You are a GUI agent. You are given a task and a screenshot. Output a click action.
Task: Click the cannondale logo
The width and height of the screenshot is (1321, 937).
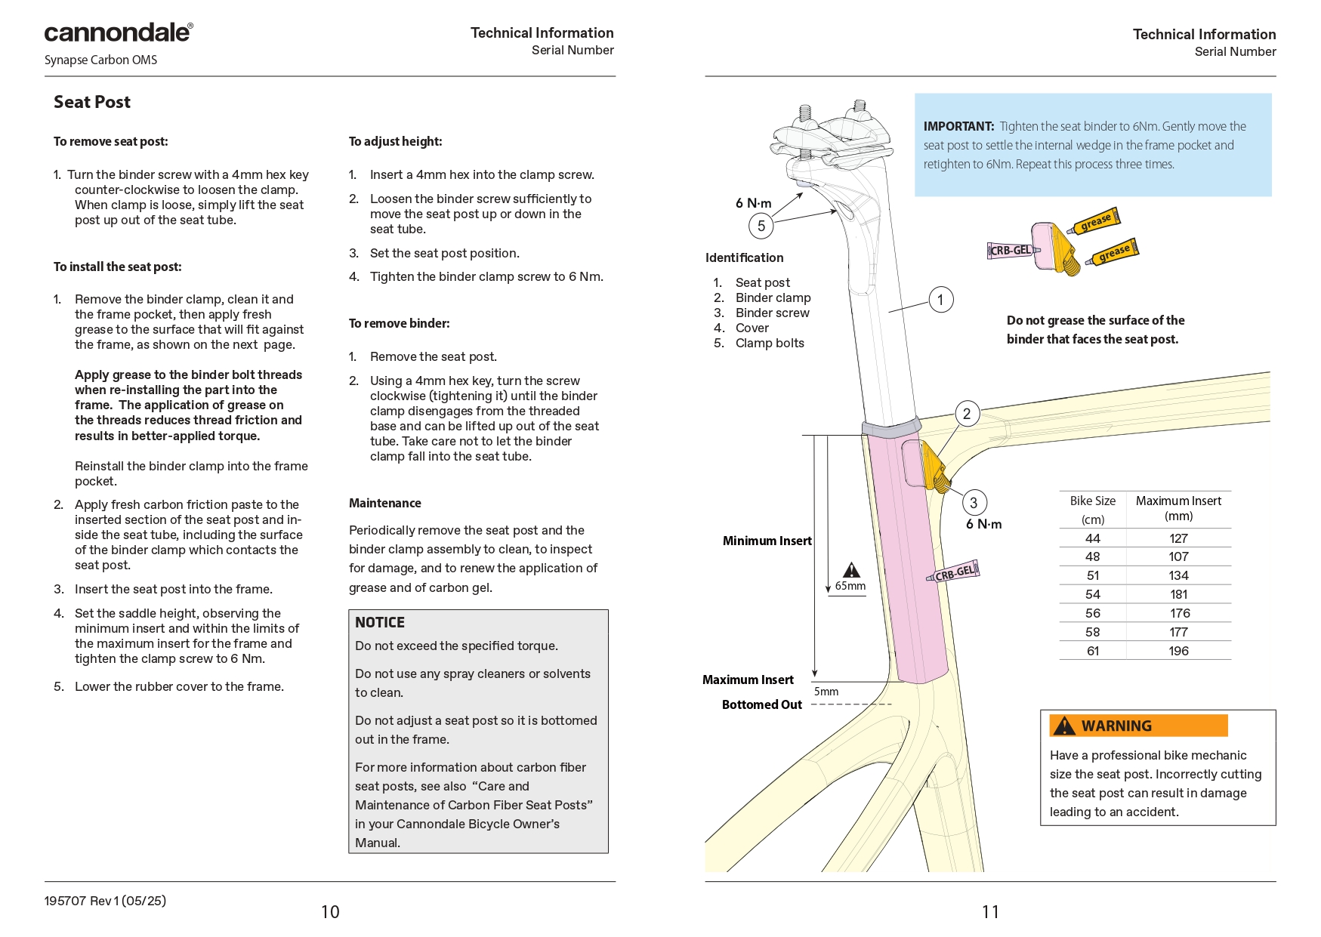point(119,32)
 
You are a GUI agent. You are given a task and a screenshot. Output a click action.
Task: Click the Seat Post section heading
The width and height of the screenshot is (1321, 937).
point(92,103)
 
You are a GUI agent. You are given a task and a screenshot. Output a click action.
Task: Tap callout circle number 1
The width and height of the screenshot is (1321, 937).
point(940,300)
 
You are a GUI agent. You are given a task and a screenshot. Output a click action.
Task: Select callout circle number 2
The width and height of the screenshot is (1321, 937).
point(967,414)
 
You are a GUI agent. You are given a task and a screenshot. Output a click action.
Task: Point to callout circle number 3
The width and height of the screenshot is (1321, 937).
point(974,503)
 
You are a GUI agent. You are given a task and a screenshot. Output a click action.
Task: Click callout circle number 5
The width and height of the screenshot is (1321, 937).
point(761,226)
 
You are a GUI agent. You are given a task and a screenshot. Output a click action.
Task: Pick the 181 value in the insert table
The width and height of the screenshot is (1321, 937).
point(1178,595)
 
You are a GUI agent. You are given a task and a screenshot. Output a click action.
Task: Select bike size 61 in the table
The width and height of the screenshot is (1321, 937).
point(1092,651)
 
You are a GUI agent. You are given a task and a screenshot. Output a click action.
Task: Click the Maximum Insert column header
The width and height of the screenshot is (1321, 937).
point(1178,508)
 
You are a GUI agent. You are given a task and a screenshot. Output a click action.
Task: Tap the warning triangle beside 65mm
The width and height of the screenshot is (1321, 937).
point(851,570)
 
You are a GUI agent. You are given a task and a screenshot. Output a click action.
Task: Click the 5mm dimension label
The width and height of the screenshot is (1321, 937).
point(826,692)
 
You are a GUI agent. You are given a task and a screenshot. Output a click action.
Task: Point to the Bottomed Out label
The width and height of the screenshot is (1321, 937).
point(761,705)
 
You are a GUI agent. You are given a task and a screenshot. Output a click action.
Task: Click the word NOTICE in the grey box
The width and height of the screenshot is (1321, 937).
point(380,623)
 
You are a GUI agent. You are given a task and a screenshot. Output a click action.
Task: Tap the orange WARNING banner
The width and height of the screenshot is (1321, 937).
point(1137,726)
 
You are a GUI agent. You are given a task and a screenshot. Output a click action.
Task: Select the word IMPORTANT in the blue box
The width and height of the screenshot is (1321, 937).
point(958,127)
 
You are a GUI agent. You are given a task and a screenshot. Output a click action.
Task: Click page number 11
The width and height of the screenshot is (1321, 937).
point(990,912)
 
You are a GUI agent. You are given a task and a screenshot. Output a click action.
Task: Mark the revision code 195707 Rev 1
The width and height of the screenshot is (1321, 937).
point(105,901)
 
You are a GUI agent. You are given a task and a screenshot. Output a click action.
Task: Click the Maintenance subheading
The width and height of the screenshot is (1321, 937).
point(385,504)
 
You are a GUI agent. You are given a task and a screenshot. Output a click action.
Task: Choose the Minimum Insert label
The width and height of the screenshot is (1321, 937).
point(767,541)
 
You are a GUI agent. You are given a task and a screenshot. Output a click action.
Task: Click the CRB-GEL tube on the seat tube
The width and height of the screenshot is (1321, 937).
point(954,573)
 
